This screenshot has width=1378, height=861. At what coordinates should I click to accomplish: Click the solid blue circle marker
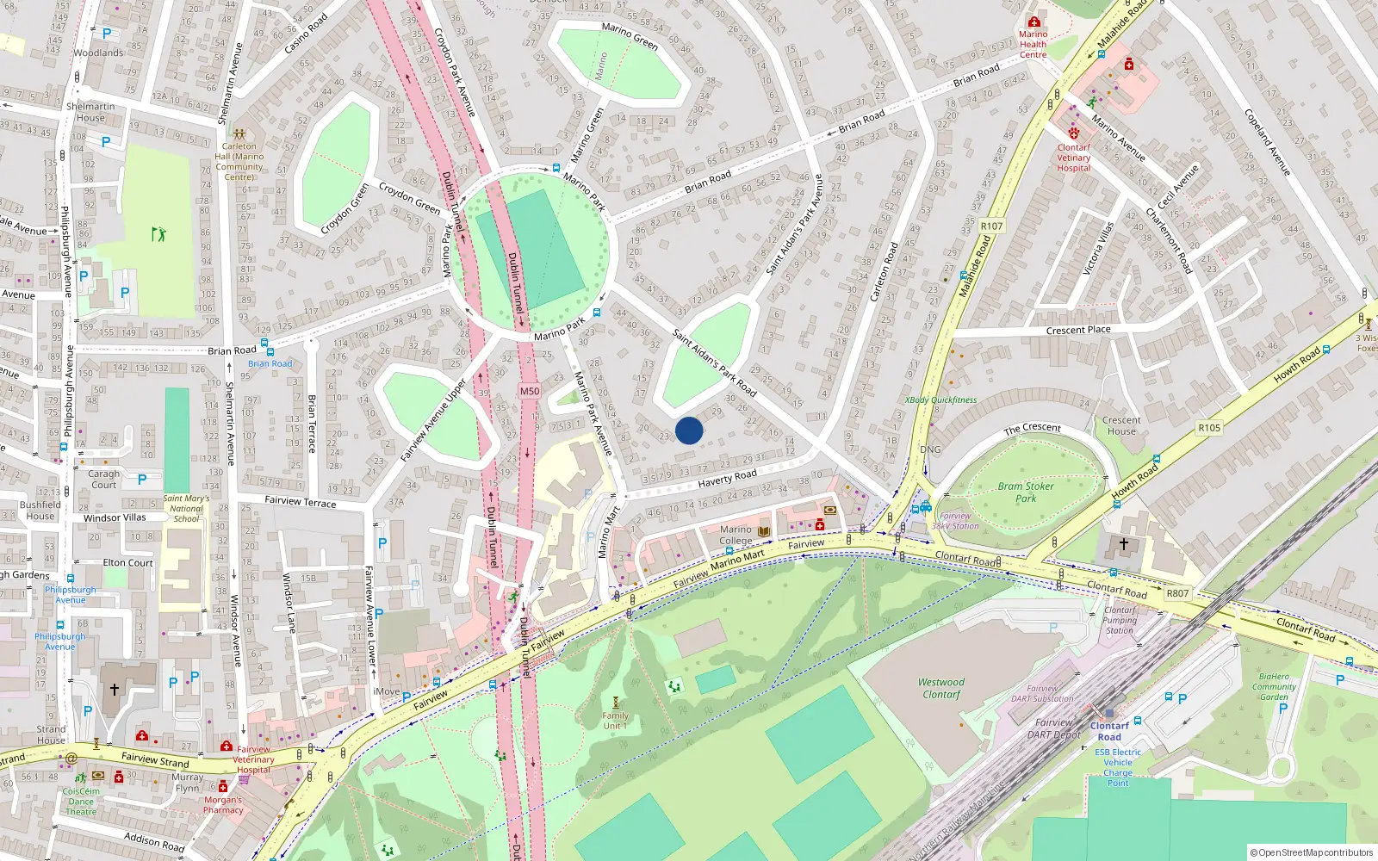tap(689, 430)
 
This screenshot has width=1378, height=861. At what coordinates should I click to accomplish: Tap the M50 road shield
tap(530, 391)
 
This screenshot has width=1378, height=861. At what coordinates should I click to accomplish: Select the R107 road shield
tap(991, 226)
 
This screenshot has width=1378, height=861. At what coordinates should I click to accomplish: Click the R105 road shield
tap(1209, 427)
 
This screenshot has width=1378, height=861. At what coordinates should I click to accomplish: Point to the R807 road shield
tap(1177, 593)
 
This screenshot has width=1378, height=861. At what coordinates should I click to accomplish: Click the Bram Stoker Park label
tap(1026, 492)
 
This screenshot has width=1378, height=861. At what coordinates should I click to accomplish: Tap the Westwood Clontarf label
tap(941, 688)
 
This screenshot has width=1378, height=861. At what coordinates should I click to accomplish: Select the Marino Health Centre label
tap(1033, 44)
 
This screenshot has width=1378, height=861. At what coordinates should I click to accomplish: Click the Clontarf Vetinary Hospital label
tap(1074, 158)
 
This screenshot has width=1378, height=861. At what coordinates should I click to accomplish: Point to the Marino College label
tap(736, 535)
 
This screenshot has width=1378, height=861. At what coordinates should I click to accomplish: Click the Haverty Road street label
tap(727, 478)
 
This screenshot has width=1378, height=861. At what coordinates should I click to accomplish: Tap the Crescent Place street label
tap(1078, 330)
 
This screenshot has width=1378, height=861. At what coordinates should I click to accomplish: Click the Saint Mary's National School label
tap(186, 508)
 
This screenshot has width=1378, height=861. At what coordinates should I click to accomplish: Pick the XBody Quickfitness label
tap(940, 400)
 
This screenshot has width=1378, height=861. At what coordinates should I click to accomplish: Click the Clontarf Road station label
tap(1109, 731)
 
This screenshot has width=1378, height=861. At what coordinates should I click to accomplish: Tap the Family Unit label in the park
tap(615, 721)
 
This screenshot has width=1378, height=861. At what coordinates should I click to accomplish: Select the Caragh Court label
tap(104, 479)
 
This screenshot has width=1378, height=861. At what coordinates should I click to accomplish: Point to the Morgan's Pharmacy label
tap(223, 804)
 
